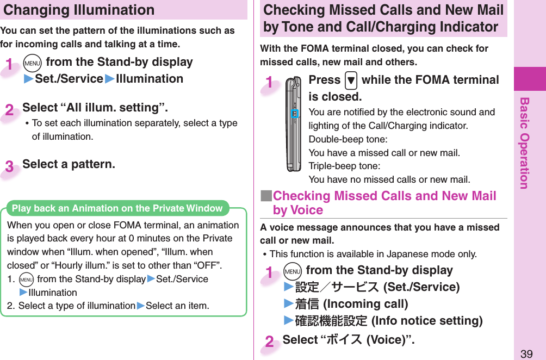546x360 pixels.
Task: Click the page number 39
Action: [526, 354]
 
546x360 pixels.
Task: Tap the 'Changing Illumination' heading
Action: [79, 10]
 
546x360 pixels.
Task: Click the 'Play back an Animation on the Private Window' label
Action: [117, 208]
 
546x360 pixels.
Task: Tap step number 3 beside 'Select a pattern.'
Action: [10, 166]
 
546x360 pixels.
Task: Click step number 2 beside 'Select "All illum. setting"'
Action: [10, 110]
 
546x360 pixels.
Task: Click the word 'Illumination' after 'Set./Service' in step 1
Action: [150, 79]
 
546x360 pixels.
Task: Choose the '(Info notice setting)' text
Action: [427, 320]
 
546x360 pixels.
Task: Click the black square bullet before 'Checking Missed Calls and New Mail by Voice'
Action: [266, 196]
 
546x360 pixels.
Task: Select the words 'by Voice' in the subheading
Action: [298, 210]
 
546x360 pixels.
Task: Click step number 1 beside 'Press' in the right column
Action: [270, 83]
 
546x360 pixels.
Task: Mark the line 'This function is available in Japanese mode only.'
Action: [373, 254]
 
